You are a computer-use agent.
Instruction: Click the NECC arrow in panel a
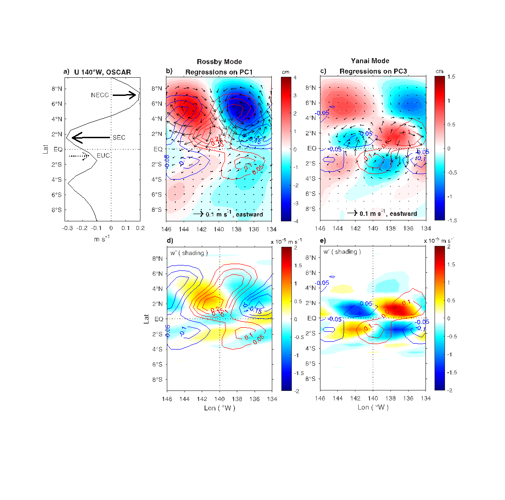[125, 95]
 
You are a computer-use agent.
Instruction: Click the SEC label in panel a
[119, 137]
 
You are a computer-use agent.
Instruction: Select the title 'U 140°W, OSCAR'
[102, 72]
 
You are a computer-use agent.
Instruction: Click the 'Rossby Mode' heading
[219, 62]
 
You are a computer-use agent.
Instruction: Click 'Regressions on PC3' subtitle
[373, 71]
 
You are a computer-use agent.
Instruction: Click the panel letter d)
[170, 240]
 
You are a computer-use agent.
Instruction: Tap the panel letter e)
[323, 240]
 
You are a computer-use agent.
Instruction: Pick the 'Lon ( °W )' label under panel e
[372, 407]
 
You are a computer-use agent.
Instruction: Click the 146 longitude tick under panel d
[167, 399]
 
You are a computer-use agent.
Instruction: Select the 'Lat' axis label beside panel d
[147, 319]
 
